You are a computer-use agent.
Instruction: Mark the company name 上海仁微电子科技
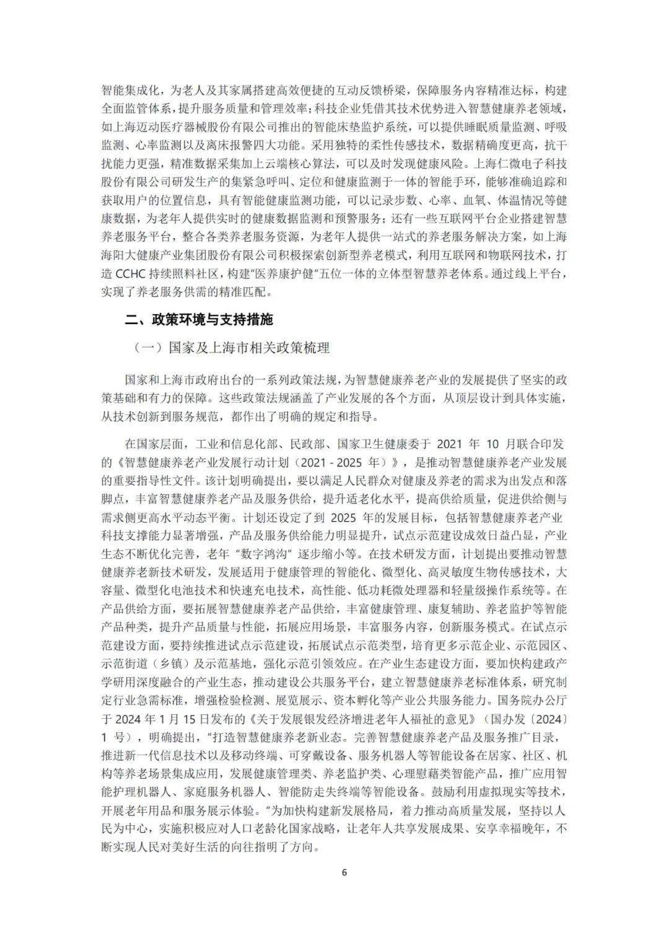tap(519, 164)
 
